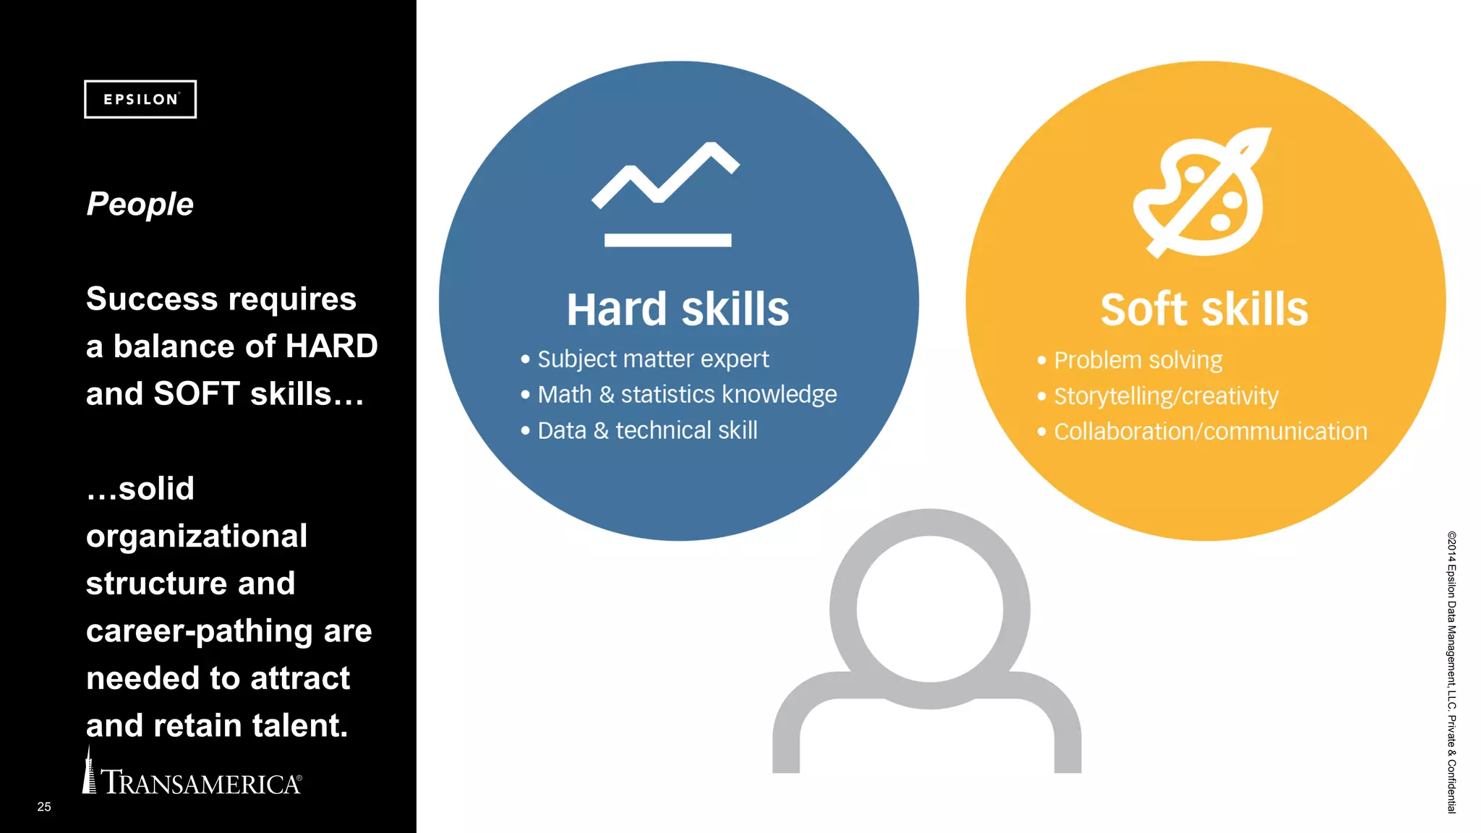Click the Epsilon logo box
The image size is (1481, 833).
point(140,99)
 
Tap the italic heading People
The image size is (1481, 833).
point(140,204)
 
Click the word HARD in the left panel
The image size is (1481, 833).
point(332,346)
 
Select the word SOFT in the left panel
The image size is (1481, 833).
point(197,394)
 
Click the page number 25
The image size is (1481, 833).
point(44,806)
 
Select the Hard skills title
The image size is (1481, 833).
point(678,309)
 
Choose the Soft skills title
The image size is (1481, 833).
point(1204,309)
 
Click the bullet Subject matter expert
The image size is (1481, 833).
point(652,359)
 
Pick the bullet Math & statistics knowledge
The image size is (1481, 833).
point(686,395)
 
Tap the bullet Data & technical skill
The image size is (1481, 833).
point(646,431)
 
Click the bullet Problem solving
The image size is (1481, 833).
point(1138,360)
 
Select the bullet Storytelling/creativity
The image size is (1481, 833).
point(1166,396)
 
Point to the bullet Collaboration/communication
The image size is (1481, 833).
point(1210,432)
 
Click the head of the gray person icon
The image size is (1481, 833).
point(930,609)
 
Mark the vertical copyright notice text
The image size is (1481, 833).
point(1451,672)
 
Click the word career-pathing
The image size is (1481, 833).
point(199,631)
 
